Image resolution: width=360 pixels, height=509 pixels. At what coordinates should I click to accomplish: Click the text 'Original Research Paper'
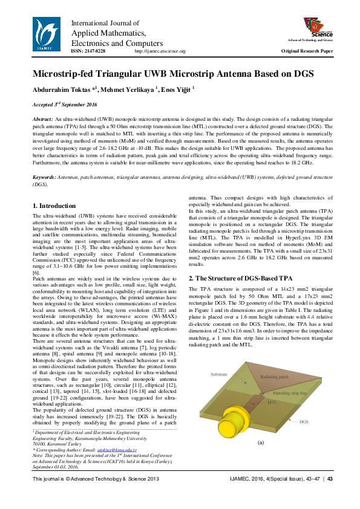click(307, 52)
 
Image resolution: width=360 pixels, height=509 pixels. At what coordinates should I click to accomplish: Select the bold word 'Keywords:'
click(44, 177)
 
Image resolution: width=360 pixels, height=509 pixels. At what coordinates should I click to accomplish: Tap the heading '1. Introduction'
click(54, 207)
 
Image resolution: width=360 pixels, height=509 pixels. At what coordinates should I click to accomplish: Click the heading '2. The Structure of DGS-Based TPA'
click(241, 278)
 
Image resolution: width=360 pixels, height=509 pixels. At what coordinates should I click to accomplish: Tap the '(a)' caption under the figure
click(261, 443)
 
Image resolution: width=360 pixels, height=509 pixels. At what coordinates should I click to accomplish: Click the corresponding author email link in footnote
click(118, 450)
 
